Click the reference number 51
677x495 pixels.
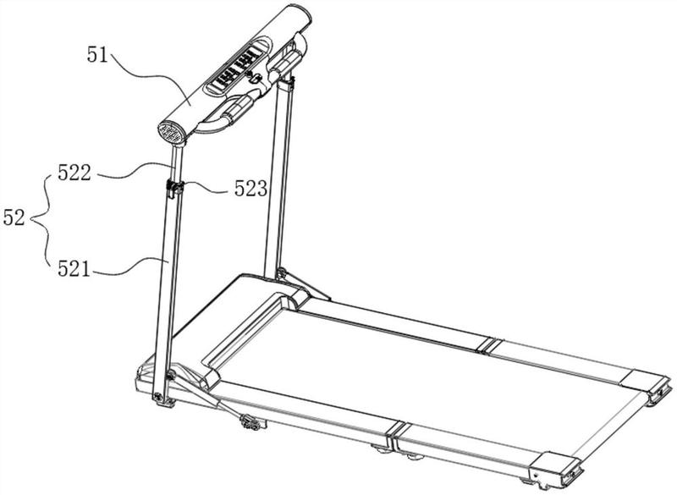point(97,55)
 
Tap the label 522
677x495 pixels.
point(74,173)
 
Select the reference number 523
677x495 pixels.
point(250,189)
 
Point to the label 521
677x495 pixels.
point(74,269)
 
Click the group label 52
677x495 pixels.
point(14,217)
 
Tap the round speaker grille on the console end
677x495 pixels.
point(172,133)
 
